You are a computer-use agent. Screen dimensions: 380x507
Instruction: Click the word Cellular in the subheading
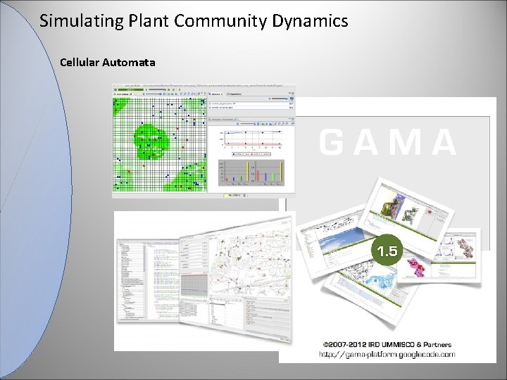(x=80, y=63)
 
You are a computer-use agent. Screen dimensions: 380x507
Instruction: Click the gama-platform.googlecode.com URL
(x=387, y=354)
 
